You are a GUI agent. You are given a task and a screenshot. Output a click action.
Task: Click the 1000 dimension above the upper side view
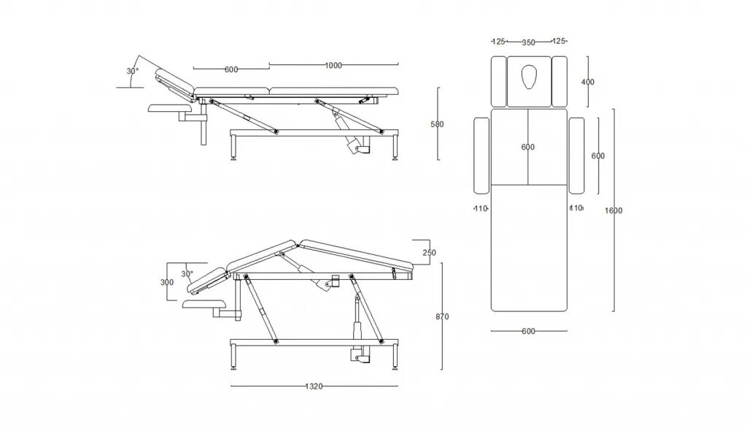pyautogui.click(x=333, y=66)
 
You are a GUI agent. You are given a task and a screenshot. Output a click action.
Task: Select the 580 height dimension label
pyautogui.click(x=437, y=124)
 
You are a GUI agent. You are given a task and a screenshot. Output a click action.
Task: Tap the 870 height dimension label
pyautogui.click(x=441, y=316)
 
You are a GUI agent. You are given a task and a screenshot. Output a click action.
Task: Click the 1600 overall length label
pyautogui.click(x=614, y=210)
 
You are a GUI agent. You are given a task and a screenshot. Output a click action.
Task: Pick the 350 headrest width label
pyautogui.click(x=528, y=42)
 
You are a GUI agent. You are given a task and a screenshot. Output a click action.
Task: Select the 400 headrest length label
pyautogui.click(x=588, y=82)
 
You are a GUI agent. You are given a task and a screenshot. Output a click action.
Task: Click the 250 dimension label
pyautogui.click(x=429, y=252)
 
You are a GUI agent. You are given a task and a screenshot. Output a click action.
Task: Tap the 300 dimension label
pyautogui.click(x=167, y=282)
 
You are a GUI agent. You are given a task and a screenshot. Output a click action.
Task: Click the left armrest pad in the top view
pyautogui.click(x=481, y=155)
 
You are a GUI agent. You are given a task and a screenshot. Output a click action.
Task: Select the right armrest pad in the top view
pyautogui.click(x=576, y=155)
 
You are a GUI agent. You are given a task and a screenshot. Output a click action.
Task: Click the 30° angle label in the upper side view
pyautogui.click(x=132, y=72)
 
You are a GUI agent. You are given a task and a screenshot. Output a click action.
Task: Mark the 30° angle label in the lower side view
pyautogui.click(x=187, y=275)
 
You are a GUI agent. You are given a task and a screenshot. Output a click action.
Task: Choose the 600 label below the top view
pyautogui.click(x=529, y=331)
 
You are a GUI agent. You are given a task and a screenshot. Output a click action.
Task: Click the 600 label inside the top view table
pyautogui.click(x=528, y=147)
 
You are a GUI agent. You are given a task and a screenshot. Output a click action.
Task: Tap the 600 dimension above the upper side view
pyautogui.click(x=231, y=69)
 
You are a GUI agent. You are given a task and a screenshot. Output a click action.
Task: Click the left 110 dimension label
pyautogui.click(x=480, y=208)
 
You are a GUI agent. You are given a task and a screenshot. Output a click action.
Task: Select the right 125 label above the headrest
pyautogui.click(x=560, y=42)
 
